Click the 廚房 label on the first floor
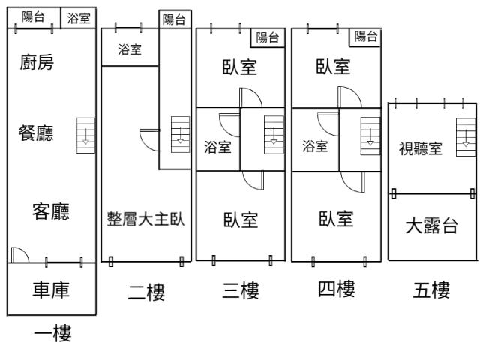[x=37, y=63]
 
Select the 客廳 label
[x=50, y=212]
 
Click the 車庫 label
[x=51, y=290]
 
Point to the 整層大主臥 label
[x=146, y=220]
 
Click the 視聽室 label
[x=420, y=148]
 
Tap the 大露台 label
[x=431, y=226]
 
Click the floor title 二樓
[x=146, y=292]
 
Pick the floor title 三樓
[x=241, y=290]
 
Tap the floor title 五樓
[x=431, y=290]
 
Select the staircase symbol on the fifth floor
[x=466, y=136]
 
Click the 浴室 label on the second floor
[x=130, y=50]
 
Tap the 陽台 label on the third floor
[x=268, y=37]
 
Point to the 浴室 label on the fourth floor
[x=315, y=146]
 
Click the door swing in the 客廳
[x=19, y=255]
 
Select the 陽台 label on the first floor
[x=32, y=17]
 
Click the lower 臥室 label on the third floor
[x=241, y=220]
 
